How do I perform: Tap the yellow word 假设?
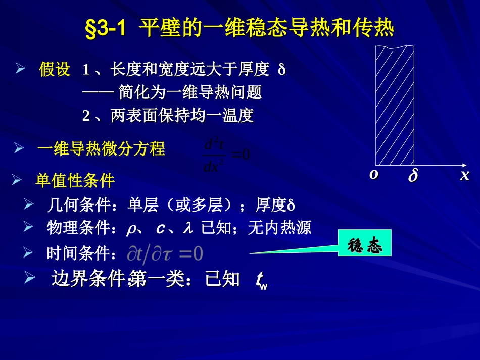pyautogui.click(x=55, y=70)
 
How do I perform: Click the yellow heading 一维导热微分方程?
pyautogui.click(x=101, y=149)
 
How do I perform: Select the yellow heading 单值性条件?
pyautogui.click(x=75, y=180)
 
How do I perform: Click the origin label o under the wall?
pyautogui.click(x=374, y=175)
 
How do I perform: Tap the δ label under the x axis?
pyautogui.click(x=413, y=176)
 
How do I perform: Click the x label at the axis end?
pyautogui.click(x=464, y=175)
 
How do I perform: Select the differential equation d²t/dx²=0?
pyautogui.click(x=226, y=155)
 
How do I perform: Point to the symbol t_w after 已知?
pyautogui.click(x=261, y=281)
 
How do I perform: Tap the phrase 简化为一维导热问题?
pyautogui.click(x=190, y=93)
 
